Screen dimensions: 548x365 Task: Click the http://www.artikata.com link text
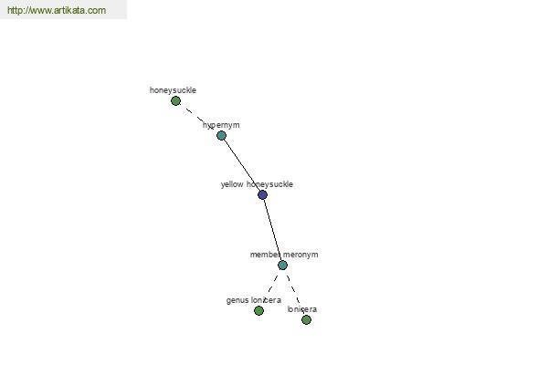[x=57, y=10]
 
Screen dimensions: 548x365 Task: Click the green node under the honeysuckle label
[x=175, y=101]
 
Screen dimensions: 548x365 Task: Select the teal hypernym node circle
[x=221, y=135]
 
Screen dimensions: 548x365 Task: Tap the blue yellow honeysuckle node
[x=262, y=194]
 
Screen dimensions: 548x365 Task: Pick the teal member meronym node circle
[x=282, y=266]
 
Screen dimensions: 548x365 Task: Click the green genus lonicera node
[x=258, y=310]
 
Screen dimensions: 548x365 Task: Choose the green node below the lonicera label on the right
[x=306, y=319]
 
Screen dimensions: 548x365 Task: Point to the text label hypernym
[x=221, y=125]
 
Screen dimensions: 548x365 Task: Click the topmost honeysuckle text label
[x=173, y=90]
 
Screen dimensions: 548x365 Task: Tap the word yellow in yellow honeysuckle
[x=232, y=184]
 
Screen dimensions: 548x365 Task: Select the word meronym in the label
[x=300, y=255]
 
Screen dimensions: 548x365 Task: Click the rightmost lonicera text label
[x=302, y=309]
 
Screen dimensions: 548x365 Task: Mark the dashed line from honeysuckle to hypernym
[x=198, y=118]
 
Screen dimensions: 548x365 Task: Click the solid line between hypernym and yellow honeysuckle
[x=242, y=165]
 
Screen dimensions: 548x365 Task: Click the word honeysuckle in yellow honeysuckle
[x=269, y=184]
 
